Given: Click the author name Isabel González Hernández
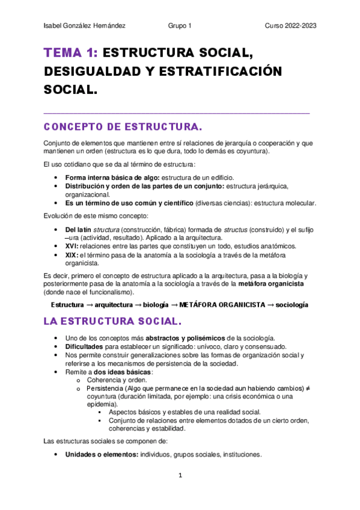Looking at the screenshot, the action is pos(85,26).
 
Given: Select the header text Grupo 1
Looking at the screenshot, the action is pos(180,26).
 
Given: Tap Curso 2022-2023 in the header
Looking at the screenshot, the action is pos(291,26).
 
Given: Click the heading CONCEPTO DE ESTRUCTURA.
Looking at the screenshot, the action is pos(123,127).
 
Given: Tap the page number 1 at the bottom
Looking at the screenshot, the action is pos(180,475).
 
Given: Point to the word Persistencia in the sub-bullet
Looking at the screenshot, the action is pos(108,389).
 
